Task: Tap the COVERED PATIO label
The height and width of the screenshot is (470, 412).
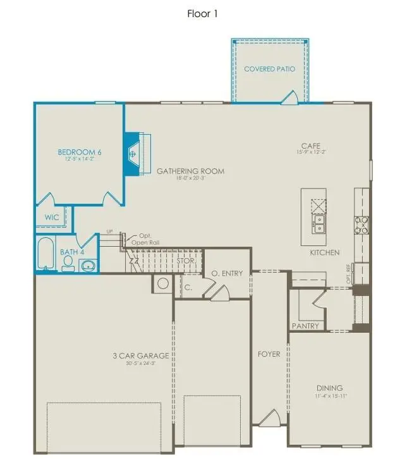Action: [x=270, y=69]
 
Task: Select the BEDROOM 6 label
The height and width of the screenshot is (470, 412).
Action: [x=80, y=152]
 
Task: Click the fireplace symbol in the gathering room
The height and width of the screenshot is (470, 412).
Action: [x=133, y=153]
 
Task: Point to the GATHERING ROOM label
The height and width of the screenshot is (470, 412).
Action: [x=190, y=171]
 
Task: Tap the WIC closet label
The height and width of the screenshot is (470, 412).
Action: [x=51, y=217]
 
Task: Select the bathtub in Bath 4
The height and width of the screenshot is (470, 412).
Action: [x=46, y=254]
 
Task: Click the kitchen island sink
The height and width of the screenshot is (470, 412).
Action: [x=318, y=222]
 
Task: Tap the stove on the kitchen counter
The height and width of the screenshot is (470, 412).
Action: [x=363, y=224]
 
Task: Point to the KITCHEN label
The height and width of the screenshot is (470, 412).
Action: [x=324, y=252]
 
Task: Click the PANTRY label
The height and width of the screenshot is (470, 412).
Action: [x=305, y=326]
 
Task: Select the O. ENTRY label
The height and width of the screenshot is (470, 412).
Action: [x=226, y=273]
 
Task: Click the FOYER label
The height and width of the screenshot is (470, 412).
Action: [x=269, y=354]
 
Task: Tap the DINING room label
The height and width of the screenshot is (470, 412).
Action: [x=329, y=388]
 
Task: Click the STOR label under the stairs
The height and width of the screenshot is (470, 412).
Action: [x=185, y=260]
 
